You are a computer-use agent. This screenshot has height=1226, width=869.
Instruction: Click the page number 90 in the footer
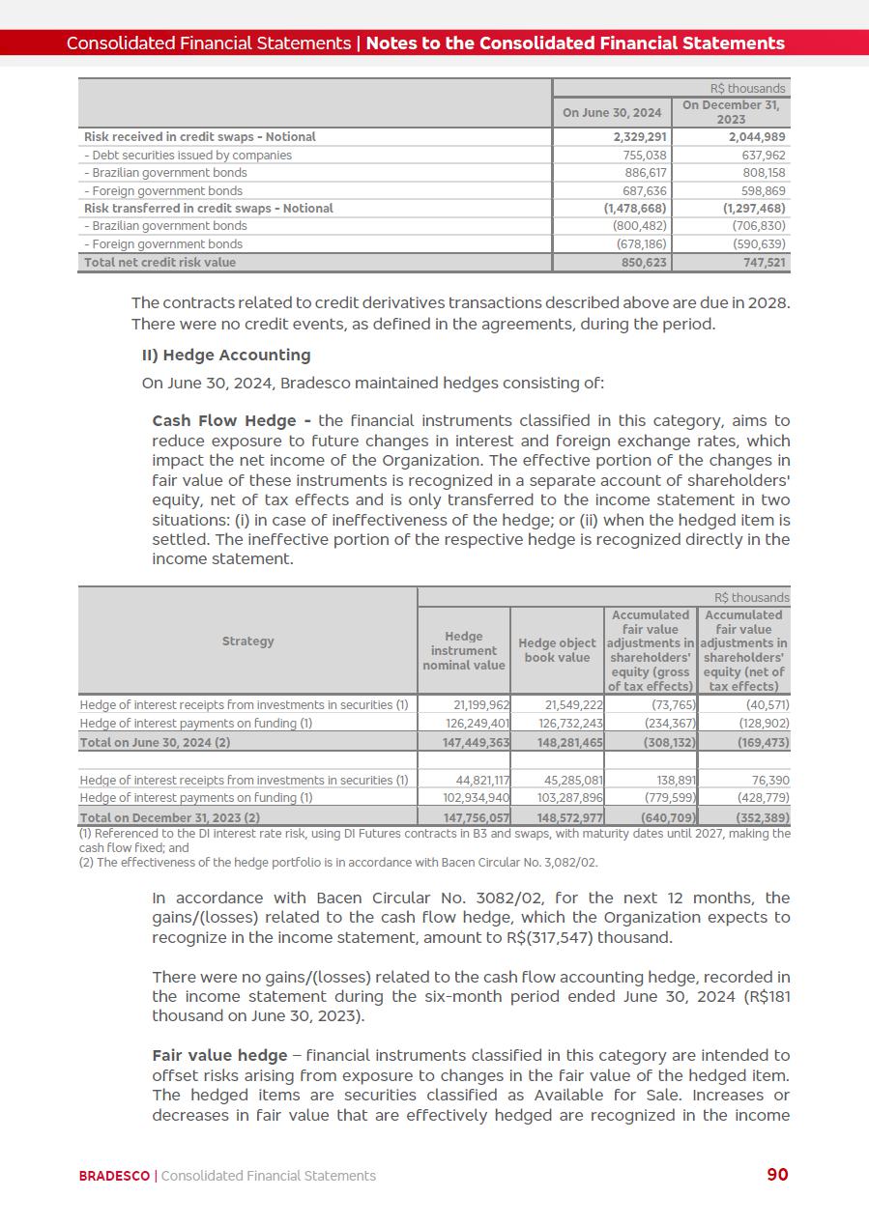click(777, 1175)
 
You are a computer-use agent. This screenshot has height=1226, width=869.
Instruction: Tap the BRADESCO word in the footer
click(114, 1176)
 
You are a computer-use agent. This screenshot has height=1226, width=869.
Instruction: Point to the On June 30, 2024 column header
click(612, 113)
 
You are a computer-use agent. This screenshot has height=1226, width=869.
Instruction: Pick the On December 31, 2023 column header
click(731, 112)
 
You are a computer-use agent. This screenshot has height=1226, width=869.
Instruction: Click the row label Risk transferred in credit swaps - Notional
click(208, 209)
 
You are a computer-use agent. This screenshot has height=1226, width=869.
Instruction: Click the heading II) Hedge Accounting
click(226, 355)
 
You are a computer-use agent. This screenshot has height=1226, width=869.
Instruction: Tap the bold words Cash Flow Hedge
click(231, 421)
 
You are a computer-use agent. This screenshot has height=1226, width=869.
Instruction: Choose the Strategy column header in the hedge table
click(247, 642)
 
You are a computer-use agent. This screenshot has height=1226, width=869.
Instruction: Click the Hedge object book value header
click(557, 650)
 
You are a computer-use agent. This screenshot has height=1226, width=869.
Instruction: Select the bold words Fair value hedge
click(219, 1055)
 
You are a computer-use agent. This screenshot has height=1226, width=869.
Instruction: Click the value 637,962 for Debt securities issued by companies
click(760, 156)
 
